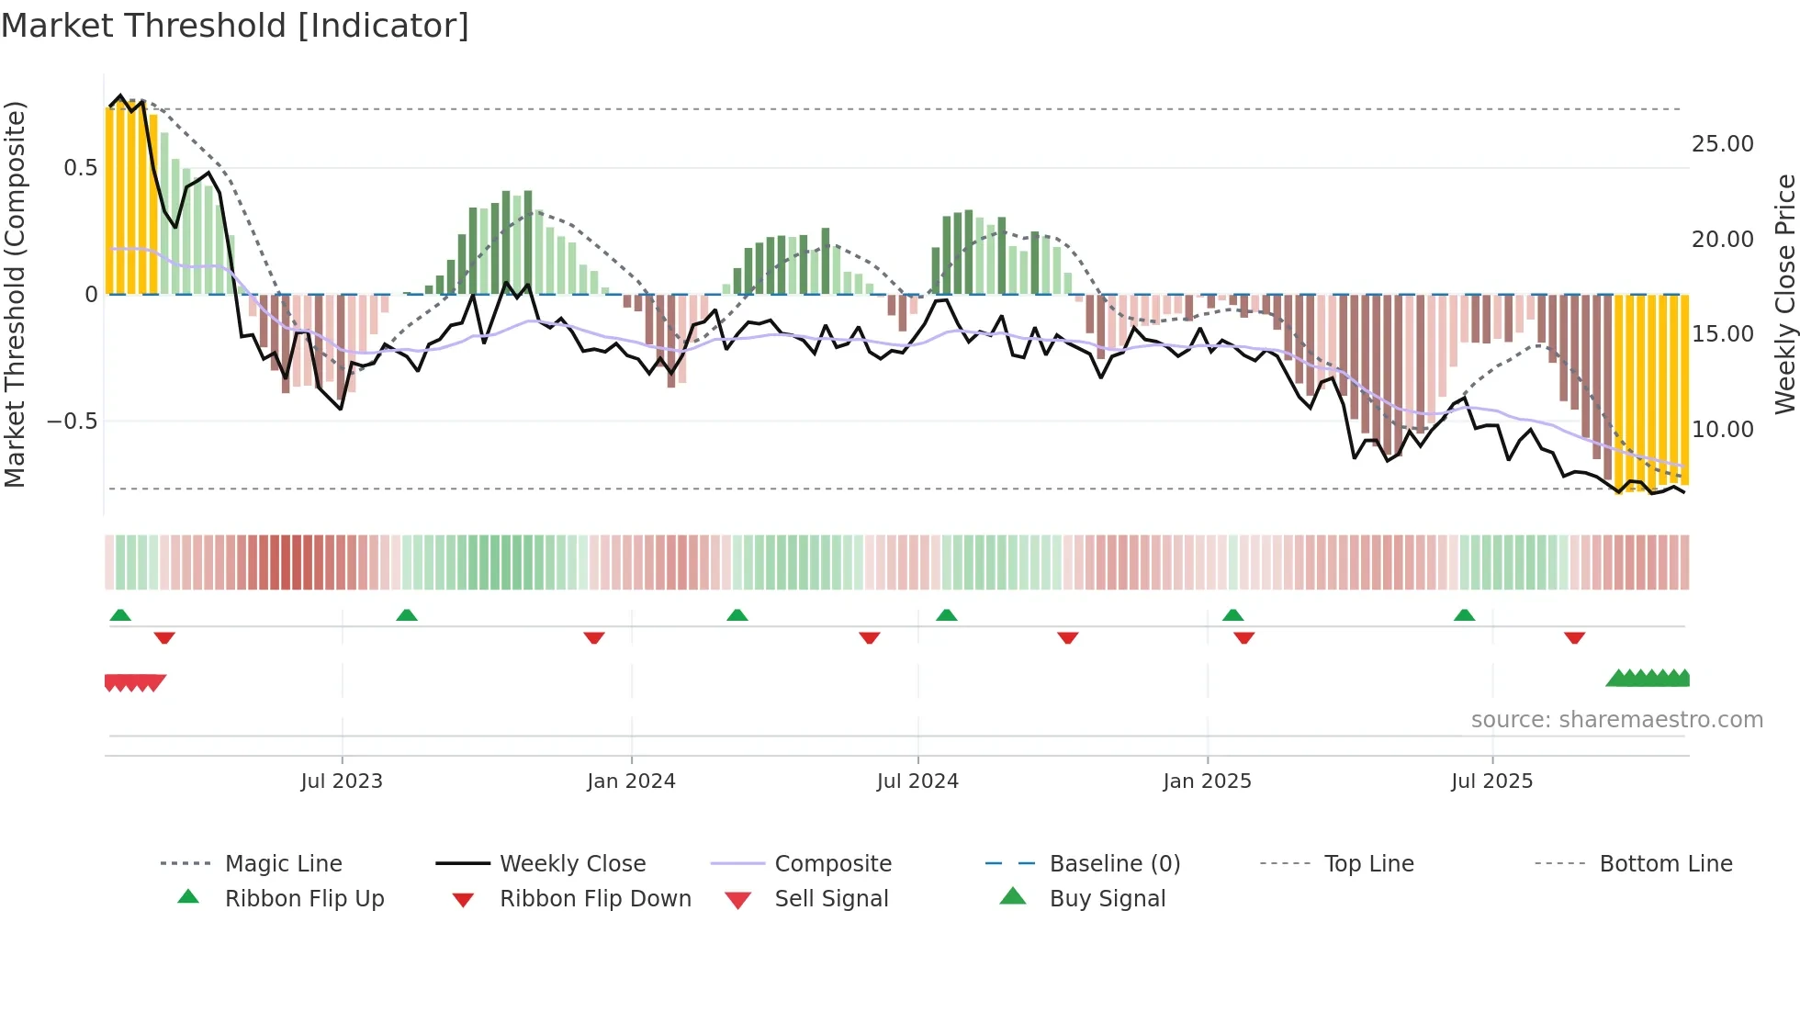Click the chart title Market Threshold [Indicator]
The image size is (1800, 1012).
pos(235,26)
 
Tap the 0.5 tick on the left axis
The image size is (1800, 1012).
pos(81,168)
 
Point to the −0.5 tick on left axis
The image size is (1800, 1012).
pos(73,422)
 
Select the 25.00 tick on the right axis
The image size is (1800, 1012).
pos(1722,144)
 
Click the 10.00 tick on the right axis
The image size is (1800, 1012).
pos(1722,429)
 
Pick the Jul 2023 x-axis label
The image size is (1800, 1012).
pos(342,781)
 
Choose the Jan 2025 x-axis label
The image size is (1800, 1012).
pos(1207,781)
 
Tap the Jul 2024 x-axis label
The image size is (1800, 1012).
pos(917,781)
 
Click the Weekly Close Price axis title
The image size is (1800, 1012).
pos(1784,294)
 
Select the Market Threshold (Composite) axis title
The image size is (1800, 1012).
pos(15,294)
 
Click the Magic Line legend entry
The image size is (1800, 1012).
pos(283,864)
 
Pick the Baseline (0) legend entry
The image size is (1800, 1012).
pos(1114,864)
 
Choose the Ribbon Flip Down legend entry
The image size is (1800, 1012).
pos(595,899)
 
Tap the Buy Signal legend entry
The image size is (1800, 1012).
pos(1107,899)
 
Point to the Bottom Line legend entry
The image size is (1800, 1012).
pos(1665,864)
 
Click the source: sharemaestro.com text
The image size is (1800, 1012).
pos(1616,720)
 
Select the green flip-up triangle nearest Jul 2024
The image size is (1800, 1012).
pos(947,615)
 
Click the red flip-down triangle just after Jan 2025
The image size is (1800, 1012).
pos(1244,637)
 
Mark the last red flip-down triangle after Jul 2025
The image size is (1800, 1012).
pos(1574,637)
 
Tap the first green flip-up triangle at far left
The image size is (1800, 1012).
pos(120,615)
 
